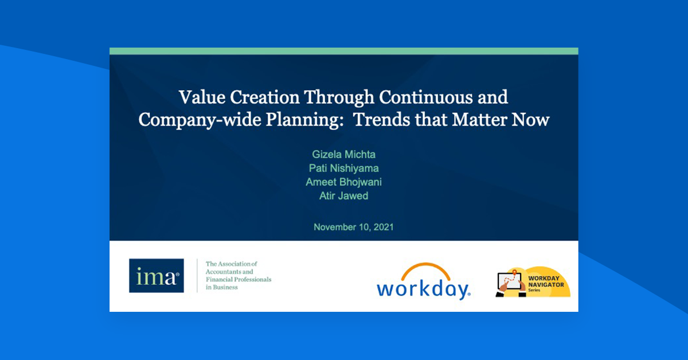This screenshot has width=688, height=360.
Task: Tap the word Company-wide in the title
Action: [x=191, y=120]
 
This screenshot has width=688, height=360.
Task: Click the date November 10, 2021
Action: [x=353, y=227]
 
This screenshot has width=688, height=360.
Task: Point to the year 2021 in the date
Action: [x=382, y=227]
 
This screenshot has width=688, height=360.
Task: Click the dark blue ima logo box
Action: [x=156, y=276]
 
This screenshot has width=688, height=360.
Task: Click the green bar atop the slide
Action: [x=343, y=51]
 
